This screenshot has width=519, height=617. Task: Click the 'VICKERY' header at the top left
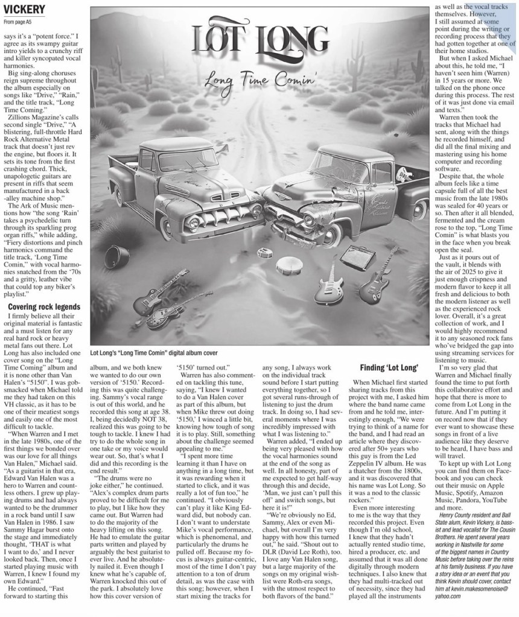click(24, 10)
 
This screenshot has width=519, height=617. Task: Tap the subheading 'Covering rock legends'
click(43, 307)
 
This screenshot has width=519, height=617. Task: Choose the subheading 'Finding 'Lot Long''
click(389, 367)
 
